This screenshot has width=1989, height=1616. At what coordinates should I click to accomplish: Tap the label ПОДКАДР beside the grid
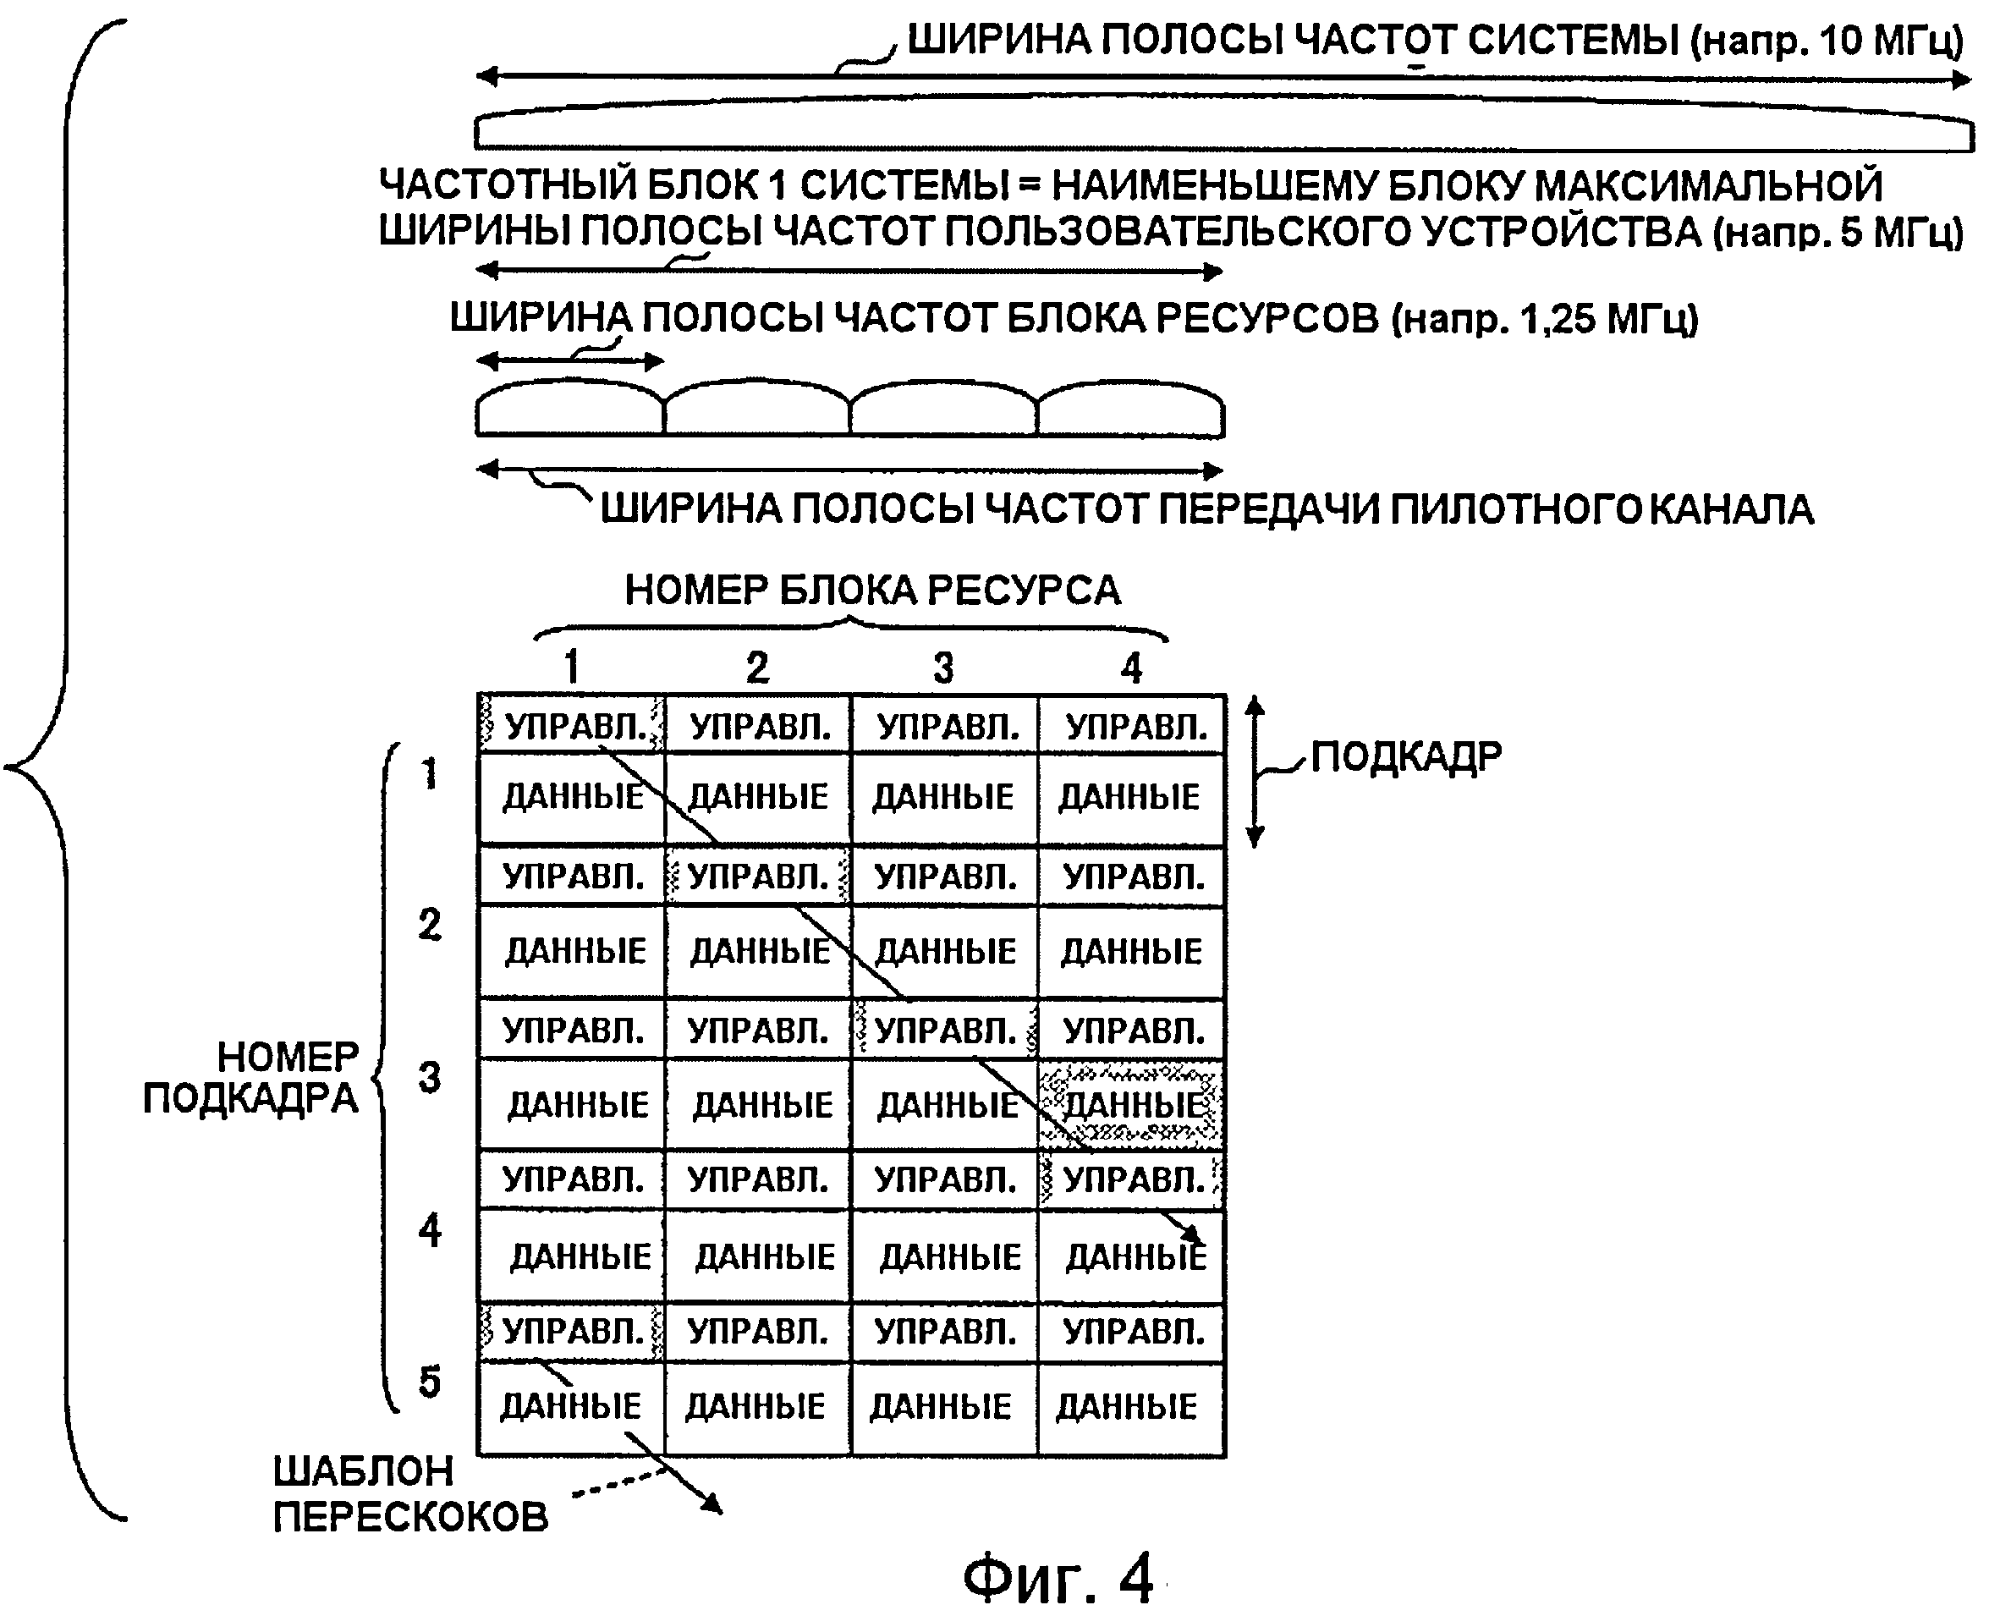1405,756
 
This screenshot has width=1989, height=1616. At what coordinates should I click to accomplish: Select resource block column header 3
942,668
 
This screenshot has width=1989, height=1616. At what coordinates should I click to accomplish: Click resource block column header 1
571,668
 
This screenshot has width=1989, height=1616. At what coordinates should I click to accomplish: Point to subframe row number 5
429,1382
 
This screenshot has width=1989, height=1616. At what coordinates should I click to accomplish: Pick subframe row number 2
429,925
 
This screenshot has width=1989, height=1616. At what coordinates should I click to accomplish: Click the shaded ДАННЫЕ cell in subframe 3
1131,1105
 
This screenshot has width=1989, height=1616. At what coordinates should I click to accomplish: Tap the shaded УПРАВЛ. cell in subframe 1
571,725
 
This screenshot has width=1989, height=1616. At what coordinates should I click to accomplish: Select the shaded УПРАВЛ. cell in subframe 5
571,1331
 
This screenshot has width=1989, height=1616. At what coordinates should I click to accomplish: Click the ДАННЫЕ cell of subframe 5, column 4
1128,1406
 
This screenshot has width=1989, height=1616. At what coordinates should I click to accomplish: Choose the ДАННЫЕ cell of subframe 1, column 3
942,797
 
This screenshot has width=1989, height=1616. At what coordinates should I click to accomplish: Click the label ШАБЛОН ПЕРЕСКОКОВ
409,1494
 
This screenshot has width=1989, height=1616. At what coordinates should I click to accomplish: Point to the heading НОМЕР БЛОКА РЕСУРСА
872,591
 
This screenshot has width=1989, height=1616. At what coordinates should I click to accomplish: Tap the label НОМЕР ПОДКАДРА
251,1078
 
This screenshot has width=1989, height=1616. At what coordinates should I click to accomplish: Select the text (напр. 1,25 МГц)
1545,319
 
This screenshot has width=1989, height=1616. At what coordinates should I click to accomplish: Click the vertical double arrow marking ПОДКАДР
1255,772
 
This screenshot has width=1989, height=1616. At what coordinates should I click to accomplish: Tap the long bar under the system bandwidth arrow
1223,131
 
